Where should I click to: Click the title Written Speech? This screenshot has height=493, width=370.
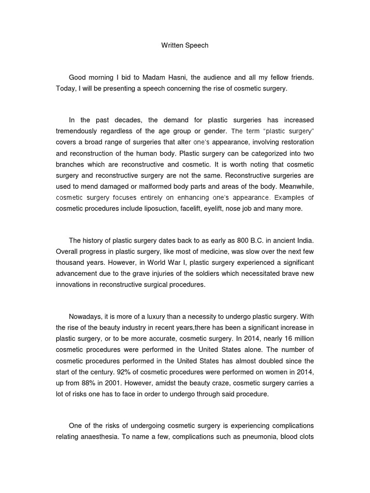[x=185, y=46]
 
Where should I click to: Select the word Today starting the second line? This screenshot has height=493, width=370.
[x=64, y=89]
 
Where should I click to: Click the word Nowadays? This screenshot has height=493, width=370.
[x=88, y=317]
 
